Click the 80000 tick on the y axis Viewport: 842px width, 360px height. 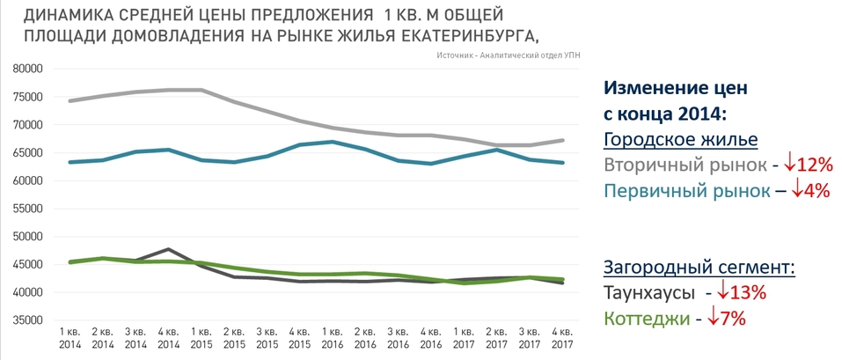tap(27, 69)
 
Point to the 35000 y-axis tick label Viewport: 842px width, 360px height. tap(27, 320)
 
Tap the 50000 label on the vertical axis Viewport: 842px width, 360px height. tap(27, 237)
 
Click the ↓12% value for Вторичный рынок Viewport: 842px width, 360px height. tap(808, 164)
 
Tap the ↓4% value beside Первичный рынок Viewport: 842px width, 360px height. tap(807, 190)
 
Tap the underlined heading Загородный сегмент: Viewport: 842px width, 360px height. tap(699, 267)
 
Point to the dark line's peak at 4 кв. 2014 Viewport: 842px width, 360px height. tap(167, 249)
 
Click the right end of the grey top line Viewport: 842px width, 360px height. tap(563, 140)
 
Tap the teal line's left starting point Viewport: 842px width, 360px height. tap(69, 162)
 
